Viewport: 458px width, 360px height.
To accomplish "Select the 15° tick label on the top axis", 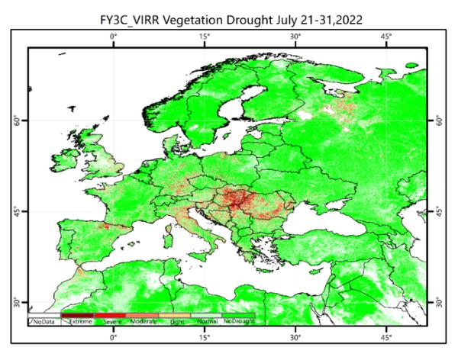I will pyautogui.click(x=205, y=36).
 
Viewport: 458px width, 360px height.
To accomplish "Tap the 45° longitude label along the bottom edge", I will pyautogui.click(x=386, y=336).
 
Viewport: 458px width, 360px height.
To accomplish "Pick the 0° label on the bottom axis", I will pyautogui.click(x=113, y=336).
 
